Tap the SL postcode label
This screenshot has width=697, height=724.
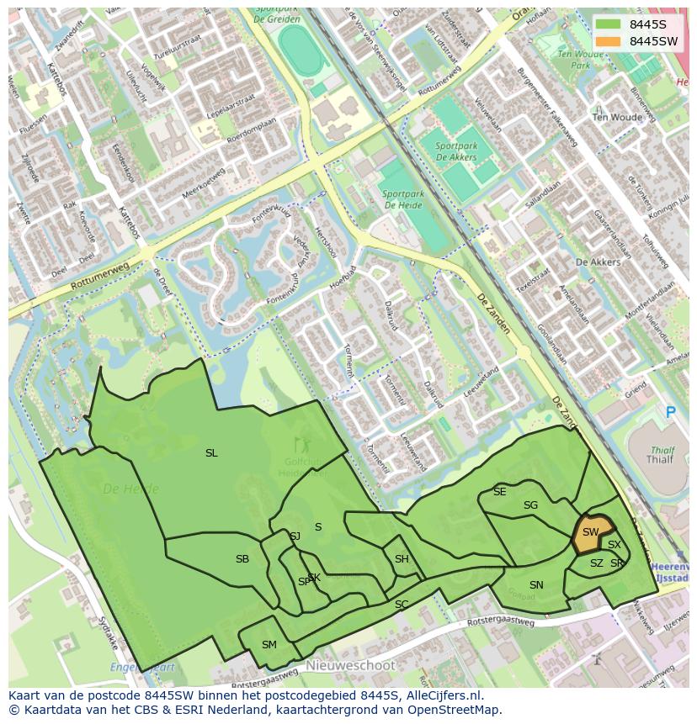click(211, 453)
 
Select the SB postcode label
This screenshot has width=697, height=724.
click(242, 559)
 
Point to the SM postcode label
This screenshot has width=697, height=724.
click(269, 645)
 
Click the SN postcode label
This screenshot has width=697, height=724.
click(536, 585)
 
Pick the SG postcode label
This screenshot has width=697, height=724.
click(530, 505)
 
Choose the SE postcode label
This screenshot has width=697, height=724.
click(500, 492)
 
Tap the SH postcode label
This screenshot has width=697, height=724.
click(402, 559)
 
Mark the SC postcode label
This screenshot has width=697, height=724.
click(402, 605)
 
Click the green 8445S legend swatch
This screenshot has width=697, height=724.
click(608, 24)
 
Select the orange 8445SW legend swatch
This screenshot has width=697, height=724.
click(608, 41)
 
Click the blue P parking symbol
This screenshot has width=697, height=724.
click(671, 413)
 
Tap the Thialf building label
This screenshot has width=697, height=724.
click(660, 460)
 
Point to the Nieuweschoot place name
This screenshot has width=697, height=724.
click(350, 665)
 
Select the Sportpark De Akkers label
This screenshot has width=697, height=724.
click(457, 151)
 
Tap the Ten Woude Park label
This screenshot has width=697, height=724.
click(581, 59)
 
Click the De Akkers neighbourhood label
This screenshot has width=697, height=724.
click(598, 262)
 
